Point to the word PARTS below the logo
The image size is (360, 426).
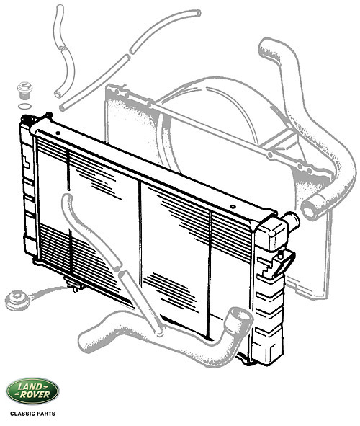pyautogui.click(x=45, y=414)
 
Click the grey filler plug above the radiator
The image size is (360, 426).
pyautogui.click(x=24, y=90)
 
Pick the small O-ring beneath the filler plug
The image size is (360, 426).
pyautogui.click(x=24, y=106)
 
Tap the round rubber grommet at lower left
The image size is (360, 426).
pyautogui.click(x=16, y=300)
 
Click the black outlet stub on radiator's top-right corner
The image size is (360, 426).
pyautogui.click(x=291, y=221)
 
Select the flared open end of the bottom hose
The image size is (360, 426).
pyautogui.click(x=239, y=317)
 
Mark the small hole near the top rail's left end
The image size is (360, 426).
pyautogui.click(x=58, y=133)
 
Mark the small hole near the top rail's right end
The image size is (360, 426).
pyautogui.click(x=233, y=207)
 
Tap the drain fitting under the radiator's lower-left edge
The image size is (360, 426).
pyautogui.click(x=73, y=285)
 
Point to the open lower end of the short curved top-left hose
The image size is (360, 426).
pyautogui.click(x=58, y=94)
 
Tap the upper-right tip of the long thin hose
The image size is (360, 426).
pyautogui.click(x=198, y=13)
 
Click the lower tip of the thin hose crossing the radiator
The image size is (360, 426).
pyautogui.click(x=160, y=332)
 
